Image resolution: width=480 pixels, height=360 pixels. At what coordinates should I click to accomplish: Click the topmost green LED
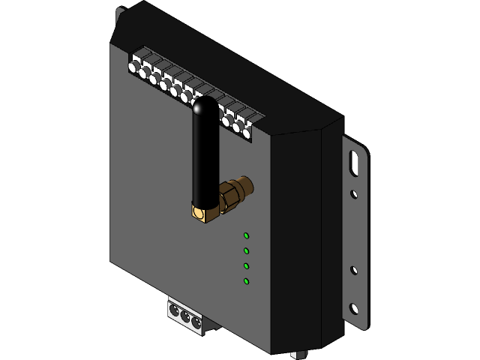tap(246, 236)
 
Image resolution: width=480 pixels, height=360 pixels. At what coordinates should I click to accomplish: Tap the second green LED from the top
tap(246, 251)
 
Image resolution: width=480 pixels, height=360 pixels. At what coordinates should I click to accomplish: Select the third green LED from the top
tap(246, 266)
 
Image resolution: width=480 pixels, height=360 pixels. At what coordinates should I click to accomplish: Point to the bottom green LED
tap(246, 281)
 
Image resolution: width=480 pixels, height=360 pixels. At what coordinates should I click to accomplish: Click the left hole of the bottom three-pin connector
tap(175, 308)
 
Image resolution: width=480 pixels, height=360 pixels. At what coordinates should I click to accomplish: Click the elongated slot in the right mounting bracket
tap(354, 163)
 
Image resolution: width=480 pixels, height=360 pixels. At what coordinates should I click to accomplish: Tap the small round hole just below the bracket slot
tap(354, 194)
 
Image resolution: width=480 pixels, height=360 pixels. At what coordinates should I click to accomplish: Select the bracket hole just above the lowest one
tap(354, 270)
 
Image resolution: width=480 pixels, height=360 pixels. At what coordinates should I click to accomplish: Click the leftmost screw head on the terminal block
tap(133, 67)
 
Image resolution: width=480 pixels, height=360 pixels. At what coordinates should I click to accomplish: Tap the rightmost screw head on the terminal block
tap(246, 133)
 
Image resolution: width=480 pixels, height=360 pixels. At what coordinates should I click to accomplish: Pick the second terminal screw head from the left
tap(142, 73)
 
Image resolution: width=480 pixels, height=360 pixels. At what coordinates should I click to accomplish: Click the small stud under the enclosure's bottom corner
tap(299, 354)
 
